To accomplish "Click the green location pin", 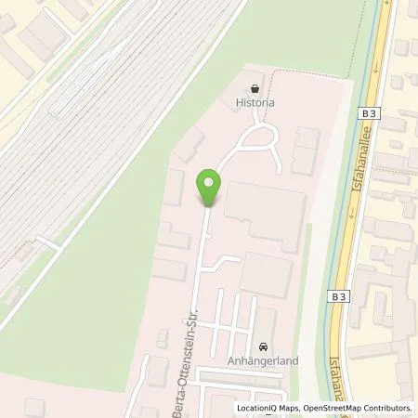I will (210, 187).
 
